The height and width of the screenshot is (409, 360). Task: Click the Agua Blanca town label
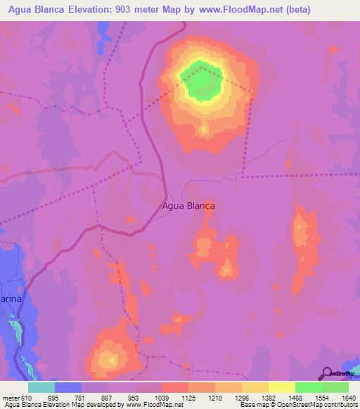pos(188,206)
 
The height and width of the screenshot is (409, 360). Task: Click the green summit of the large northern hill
pos(202,82)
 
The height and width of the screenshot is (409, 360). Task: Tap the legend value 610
pos(27,398)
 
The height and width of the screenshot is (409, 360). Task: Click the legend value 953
pos(133,398)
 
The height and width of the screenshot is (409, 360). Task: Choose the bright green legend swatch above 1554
pos(309,388)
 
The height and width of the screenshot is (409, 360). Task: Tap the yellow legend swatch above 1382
pos(255,388)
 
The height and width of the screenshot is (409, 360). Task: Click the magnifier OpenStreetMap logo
pos(328,373)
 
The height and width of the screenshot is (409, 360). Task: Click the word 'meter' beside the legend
pos(10,398)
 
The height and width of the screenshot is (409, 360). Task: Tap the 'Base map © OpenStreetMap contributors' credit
pos(298,405)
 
